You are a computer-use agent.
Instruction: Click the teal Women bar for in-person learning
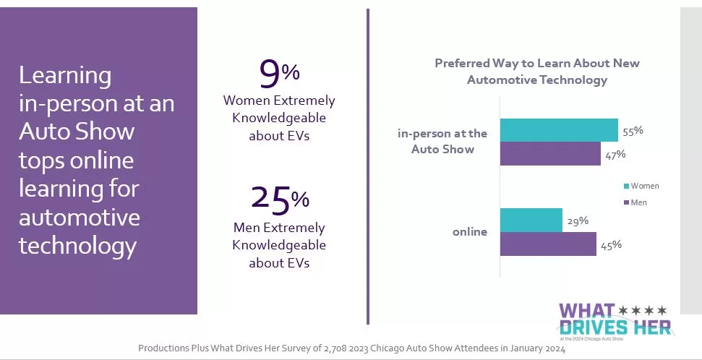(x=558, y=130)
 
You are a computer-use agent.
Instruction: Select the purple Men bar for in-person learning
(x=549, y=154)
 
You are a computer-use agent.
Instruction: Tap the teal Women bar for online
(x=531, y=220)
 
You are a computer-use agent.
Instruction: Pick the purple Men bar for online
(x=547, y=244)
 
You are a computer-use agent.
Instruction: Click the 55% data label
(x=633, y=131)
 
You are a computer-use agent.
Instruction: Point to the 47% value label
(x=615, y=154)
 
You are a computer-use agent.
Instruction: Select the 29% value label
(x=578, y=220)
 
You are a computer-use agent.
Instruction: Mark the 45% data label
(x=611, y=245)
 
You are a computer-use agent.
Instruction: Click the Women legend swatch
(x=625, y=186)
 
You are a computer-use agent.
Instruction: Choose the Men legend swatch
(x=625, y=202)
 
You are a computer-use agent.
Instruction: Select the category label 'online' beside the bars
(x=470, y=232)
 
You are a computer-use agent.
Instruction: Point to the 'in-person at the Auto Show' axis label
(x=442, y=142)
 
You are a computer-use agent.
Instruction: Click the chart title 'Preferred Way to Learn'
(x=536, y=72)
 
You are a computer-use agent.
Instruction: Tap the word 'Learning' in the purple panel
(x=65, y=75)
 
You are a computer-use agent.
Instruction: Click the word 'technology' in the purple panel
(x=77, y=246)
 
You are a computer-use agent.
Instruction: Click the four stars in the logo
(x=643, y=310)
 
